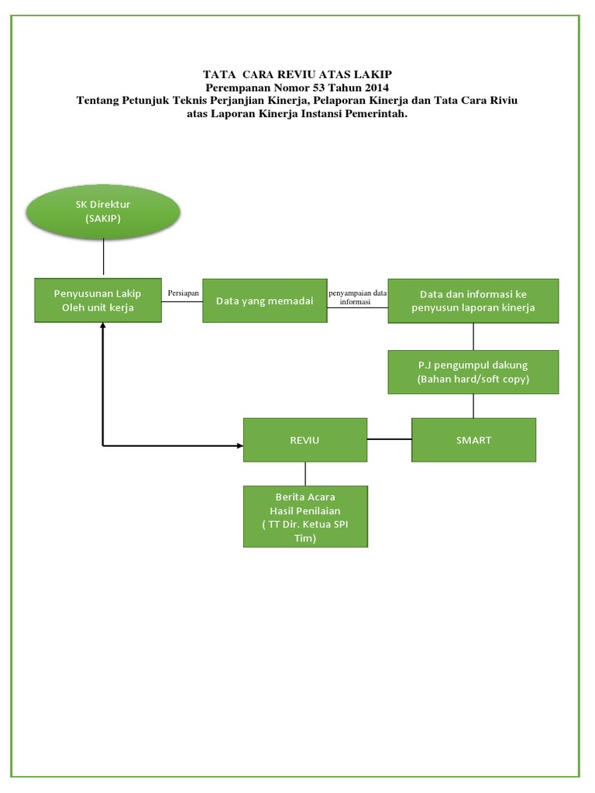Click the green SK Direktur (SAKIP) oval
tap(103, 211)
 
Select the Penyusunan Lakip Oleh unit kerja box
tap(98, 300)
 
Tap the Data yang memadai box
tap(264, 300)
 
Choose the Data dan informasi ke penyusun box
tap(473, 300)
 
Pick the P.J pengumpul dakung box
tap(473, 372)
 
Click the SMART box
tap(473, 440)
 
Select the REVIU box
tap(305, 440)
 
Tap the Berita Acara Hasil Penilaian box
tap(305, 517)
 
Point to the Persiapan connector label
tap(183, 294)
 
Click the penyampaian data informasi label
tap(357, 298)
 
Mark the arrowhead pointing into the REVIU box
tap(239, 445)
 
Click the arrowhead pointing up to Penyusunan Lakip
tap(102, 327)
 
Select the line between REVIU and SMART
tap(390, 440)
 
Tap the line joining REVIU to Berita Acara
tap(305, 474)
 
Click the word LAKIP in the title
tap(382, 74)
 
